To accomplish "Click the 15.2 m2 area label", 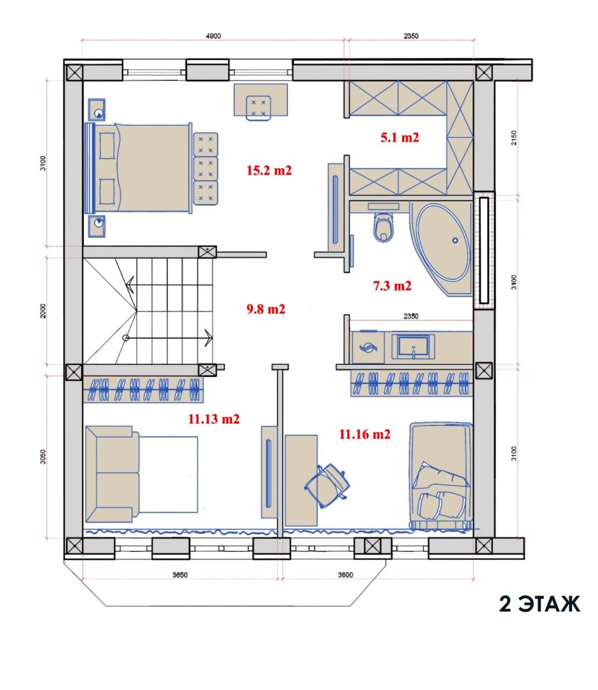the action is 269,171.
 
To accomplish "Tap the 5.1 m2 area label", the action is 400,137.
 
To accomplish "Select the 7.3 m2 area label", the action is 392,286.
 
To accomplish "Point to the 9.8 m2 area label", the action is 266,309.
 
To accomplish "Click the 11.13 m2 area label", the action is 214,419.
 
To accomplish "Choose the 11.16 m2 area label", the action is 365,434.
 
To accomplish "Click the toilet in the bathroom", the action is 384,227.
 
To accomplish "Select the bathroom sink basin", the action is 413,347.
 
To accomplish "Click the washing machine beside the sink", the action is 367,347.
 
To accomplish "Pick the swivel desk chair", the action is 327,486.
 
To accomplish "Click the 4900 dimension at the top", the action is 213,36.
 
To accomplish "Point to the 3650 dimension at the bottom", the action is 180,575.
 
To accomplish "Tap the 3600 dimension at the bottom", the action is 345,575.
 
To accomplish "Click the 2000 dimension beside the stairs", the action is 43,311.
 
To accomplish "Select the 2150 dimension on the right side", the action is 514,137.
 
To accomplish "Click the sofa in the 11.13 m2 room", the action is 113,474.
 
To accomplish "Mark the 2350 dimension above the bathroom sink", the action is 411,316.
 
